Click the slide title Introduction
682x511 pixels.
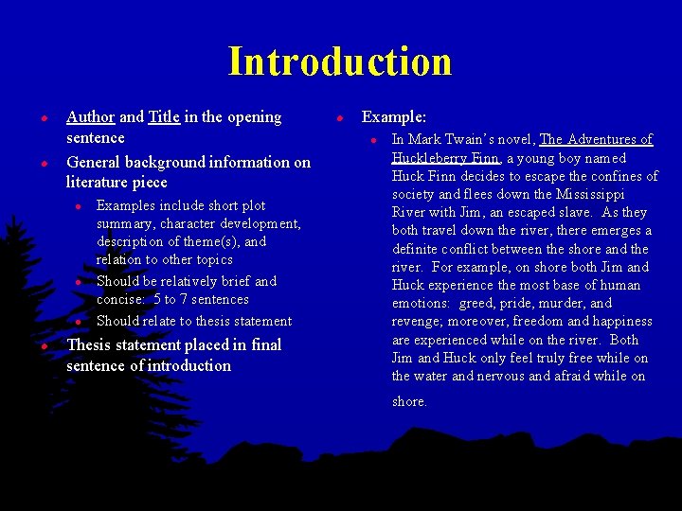340,62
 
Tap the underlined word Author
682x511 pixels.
90,117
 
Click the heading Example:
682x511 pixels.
394,117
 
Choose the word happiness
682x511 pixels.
615,322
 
